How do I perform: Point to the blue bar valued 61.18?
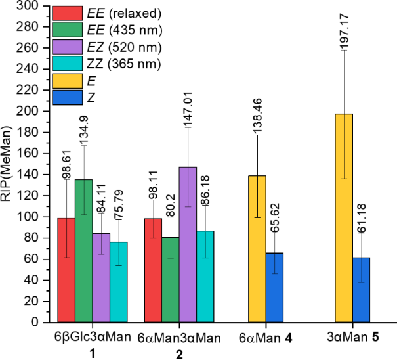tap(361, 289)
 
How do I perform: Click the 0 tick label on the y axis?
tap(41, 323)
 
